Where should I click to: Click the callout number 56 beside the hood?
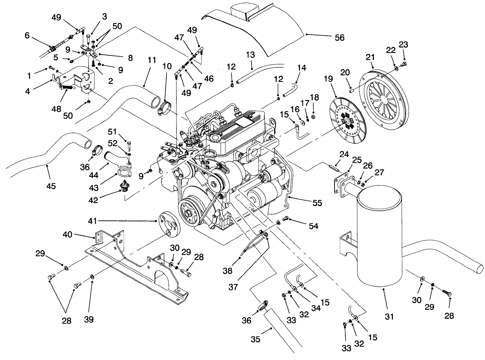(x=339, y=37)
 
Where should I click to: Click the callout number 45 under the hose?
(x=51, y=186)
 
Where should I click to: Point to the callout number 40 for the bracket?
(x=67, y=235)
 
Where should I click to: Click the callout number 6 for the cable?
(x=27, y=35)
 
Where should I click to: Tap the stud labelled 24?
(x=334, y=168)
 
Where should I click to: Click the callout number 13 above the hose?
(x=250, y=55)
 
